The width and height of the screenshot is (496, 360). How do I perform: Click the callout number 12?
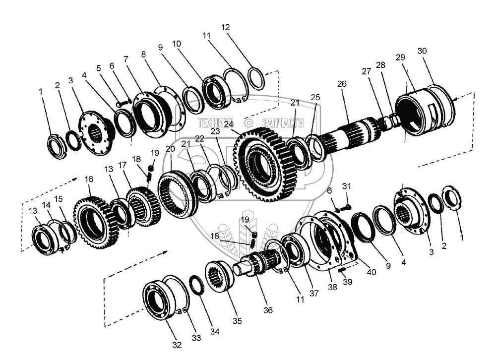225,27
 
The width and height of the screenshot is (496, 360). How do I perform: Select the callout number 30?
422,51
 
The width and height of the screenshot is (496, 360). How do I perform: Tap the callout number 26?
342,84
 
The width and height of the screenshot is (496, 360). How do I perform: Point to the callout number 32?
177,345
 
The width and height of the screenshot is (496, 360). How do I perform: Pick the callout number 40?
372,272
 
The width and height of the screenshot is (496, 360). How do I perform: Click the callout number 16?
89,179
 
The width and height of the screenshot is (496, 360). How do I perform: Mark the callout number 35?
237,321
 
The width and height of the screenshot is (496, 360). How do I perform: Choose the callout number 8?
144,54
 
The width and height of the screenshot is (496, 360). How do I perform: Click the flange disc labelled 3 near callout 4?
95,133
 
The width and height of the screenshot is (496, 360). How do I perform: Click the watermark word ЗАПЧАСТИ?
283,123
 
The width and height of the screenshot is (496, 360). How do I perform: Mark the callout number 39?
347,282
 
